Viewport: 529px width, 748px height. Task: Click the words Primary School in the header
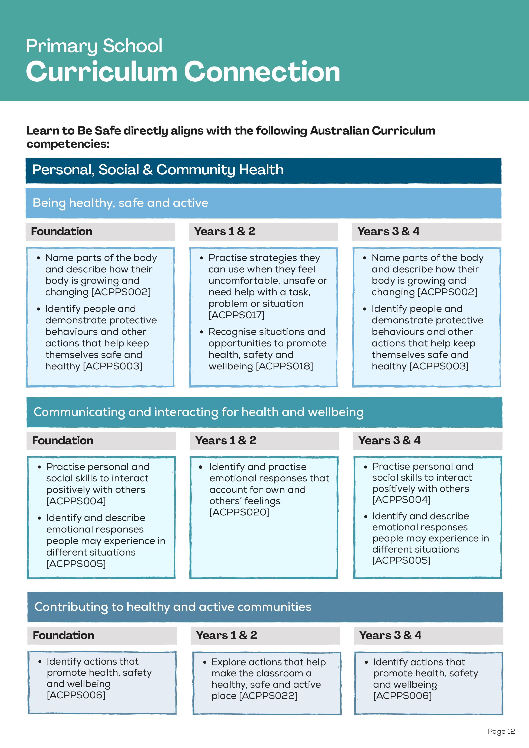[x=94, y=46]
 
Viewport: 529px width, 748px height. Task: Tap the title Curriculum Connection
[x=183, y=71]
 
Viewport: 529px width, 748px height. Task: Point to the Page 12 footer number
[x=501, y=731]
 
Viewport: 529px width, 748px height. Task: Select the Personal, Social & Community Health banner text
[x=158, y=170]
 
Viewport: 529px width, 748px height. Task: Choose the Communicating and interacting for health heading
[x=198, y=412]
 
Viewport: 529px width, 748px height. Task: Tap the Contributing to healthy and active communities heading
[x=173, y=607]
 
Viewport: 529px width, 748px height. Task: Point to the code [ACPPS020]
[x=239, y=512]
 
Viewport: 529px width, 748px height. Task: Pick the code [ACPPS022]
[x=268, y=696]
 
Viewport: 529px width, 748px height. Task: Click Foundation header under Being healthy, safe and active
[x=62, y=231]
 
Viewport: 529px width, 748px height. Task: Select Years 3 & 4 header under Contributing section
[x=390, y=635]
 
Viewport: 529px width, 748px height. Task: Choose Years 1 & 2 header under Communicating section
[x=226, y=440]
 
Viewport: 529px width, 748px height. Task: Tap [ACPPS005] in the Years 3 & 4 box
[x=401, y=560]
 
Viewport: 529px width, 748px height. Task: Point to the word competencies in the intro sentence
[x=68, y=144]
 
